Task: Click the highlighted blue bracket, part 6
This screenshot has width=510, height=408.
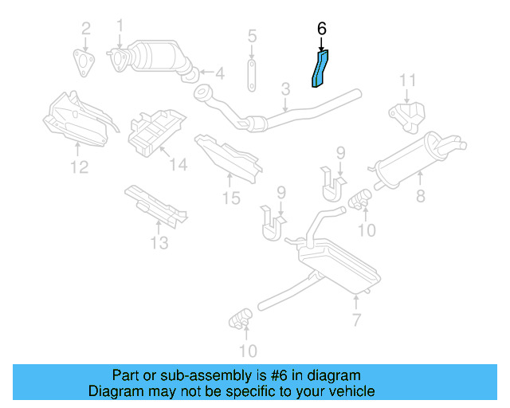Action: point(320,69)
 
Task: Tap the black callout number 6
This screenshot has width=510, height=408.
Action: point(321,29)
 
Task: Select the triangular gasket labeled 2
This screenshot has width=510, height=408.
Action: point(84,63)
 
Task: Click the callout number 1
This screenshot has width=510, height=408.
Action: point(120,25)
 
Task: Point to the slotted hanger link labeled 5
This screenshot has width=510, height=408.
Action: point(252,75)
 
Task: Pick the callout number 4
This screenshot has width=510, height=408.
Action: point(220,73)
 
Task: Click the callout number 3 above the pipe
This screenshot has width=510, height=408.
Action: point(285,89)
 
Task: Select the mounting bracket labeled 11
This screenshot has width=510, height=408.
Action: point(407,117)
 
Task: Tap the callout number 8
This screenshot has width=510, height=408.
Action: point(421,196)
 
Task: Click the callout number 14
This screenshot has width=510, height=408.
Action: point(178,165)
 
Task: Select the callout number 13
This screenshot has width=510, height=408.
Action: point(159,243)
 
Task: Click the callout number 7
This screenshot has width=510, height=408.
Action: point(356,320)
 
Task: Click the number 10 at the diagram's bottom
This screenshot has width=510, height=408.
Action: point(248,351)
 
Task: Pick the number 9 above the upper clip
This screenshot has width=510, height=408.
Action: point(340,152)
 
